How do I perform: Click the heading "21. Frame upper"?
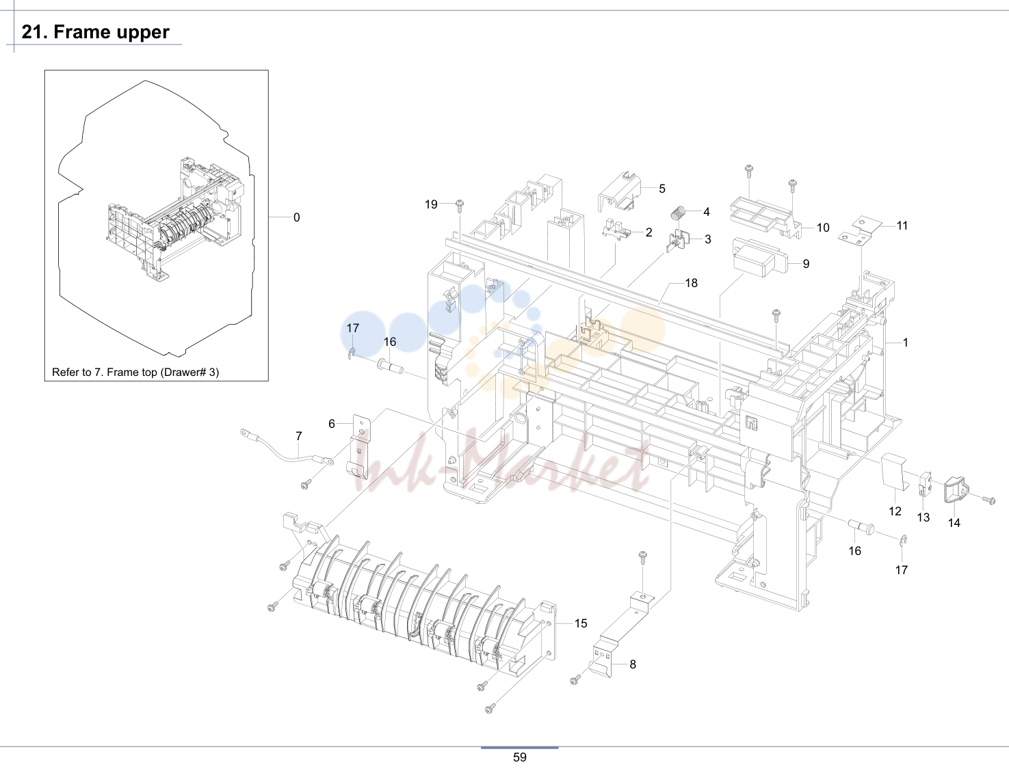click(x=95, y=32)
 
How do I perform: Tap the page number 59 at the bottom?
click(x=519, y=757)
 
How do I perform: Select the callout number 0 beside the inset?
click(x=296, y=217)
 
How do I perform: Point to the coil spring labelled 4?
click(x=679, y=213)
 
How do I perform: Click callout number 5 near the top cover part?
click(x=662, y=188)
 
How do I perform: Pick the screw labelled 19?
click(x=459, y=206)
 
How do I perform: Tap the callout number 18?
click(x=692, y=283)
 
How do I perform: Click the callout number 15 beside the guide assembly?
click(x=581, y=623)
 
